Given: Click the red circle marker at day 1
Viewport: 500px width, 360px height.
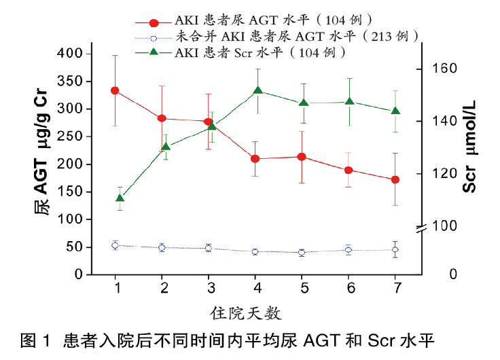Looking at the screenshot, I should click(x=115, y=90).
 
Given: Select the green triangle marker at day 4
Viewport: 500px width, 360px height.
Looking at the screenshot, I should click(x=258, y=90).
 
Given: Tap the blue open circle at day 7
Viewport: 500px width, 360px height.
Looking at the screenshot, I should click(x=395, y=250).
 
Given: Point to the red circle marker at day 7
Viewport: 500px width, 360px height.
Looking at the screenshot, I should click(x=395, y=179).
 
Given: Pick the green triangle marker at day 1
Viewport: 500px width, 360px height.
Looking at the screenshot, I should click(x=120, y=198).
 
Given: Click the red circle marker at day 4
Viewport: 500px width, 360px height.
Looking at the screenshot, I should click(x=255, y=158).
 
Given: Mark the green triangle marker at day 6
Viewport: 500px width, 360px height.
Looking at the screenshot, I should click(x=349, y=102).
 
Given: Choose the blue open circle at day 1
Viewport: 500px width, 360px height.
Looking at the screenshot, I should click(x=115, y=245).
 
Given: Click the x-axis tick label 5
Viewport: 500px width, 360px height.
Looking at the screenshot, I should click(x=302, y=288).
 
